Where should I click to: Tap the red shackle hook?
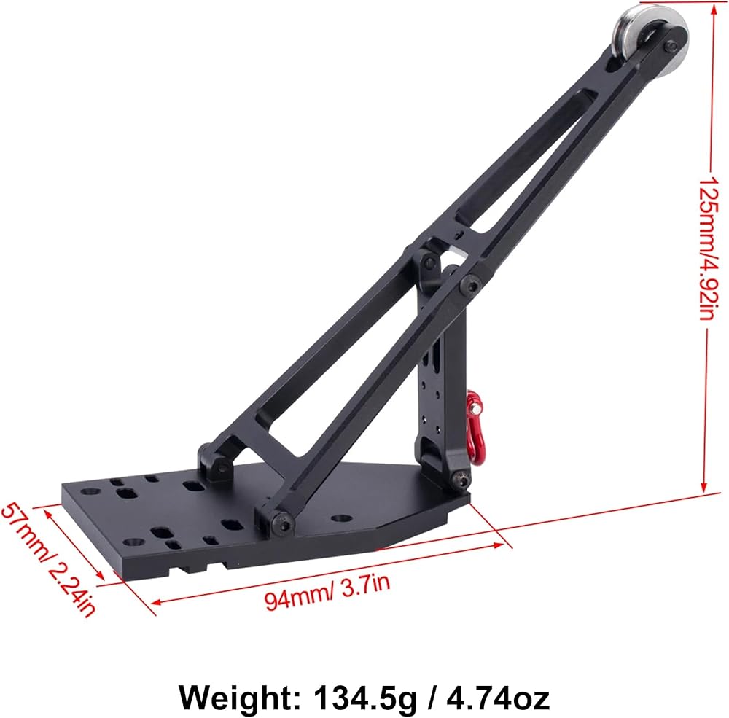[475, 427]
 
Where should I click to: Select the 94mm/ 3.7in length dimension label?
[327, 591]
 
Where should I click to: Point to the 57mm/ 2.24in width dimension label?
[48, 559]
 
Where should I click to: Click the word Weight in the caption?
[240, 698]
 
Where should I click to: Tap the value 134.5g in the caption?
[365, 698]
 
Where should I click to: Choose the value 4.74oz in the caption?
[497, 698]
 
